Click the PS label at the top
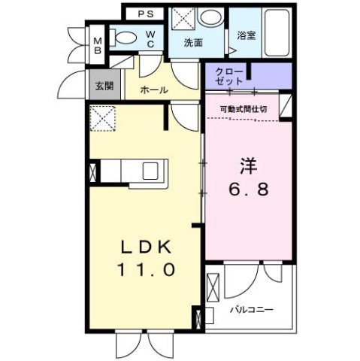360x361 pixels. tap(144, 14)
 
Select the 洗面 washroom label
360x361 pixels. tap(194, 43)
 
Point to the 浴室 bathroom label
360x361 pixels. tap(246, 35)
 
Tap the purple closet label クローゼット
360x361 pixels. tap(229, 75)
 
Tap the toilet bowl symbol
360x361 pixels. tap(126, 35)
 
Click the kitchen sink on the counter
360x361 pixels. tap(148, 171)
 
